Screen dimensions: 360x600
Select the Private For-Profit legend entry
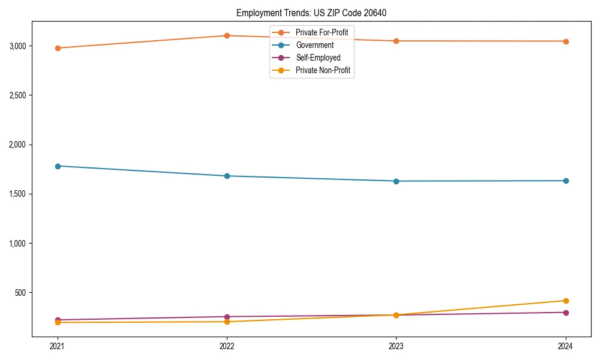[322, 32]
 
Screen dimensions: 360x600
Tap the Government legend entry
[314, 45]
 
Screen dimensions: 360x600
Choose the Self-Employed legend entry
[318, 58]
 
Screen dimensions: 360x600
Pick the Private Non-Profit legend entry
[323, 71]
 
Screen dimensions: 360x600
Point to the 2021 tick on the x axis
[58, 346]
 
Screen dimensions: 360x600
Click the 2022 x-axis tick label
[227, 346]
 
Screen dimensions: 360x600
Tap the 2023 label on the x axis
[396, 346]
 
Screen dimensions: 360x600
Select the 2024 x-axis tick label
[566, 346]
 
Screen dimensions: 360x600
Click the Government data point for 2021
[58, 166]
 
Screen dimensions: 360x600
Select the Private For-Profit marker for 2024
[566, 41]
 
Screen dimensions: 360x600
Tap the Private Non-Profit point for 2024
[566, 301]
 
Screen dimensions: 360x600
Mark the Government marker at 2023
[396, 181]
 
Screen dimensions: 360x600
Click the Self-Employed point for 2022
[227, 317]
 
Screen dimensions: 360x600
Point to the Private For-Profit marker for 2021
[58, 48]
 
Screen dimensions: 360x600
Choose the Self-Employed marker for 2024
[566, 313]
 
